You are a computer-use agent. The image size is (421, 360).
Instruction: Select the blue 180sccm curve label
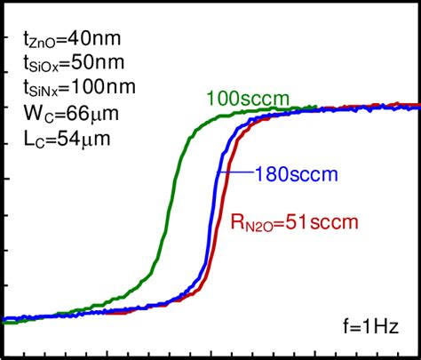pos(295,174)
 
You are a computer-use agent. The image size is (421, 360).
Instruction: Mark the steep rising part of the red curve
pos(223,213)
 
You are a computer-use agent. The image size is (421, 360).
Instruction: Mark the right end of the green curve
pos(315,108)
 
